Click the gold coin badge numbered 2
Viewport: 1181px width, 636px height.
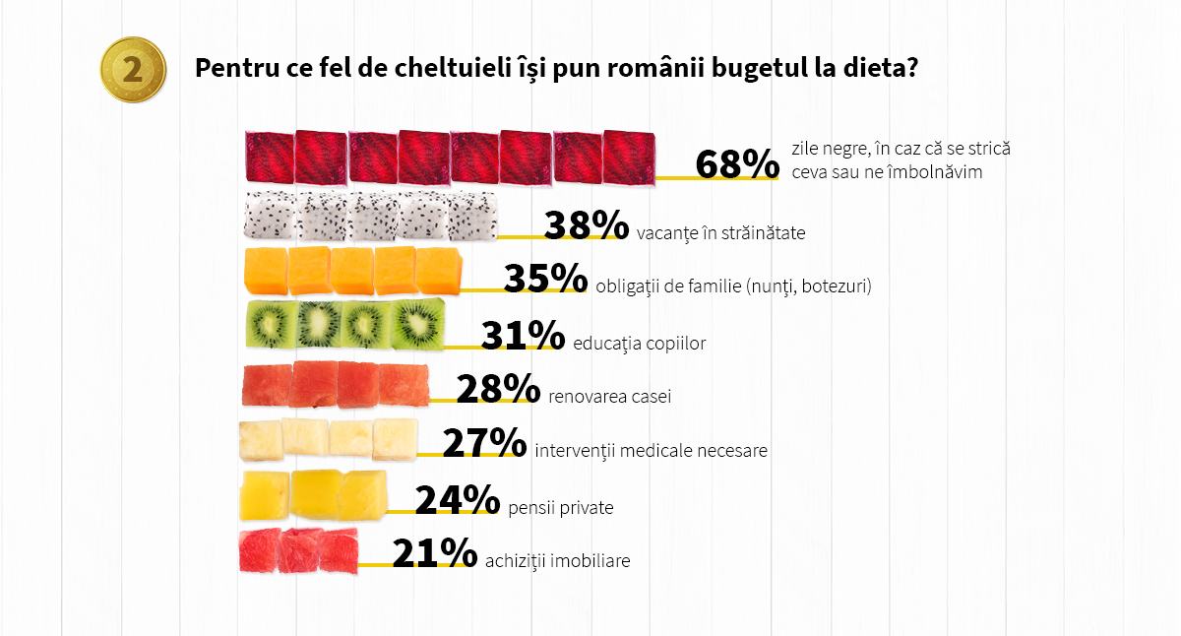click(x=132, y=69)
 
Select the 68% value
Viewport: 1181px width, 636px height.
click(x=737, y=164)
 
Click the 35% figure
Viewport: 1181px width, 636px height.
click(x=546, y=279)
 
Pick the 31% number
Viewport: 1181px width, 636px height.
click(x=523, y=335)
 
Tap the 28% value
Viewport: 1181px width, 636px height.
click(x=498, y=390)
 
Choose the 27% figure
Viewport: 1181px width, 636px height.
click(x=484, y=444)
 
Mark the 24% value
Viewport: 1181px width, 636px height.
click(x=458, y=501)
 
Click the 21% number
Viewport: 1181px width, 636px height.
click(x=434, y=554)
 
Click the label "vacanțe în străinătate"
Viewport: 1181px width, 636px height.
click(x=721, y=233)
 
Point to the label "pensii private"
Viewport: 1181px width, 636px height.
click(x=561, y=508)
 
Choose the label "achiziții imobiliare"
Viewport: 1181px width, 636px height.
click(x=557, y=562)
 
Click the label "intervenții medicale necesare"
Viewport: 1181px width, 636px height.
click(x=651, y=452)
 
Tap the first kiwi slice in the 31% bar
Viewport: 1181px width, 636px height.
click(x=268, y=323)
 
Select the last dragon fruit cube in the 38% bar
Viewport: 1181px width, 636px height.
click(x=471, y=217)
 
